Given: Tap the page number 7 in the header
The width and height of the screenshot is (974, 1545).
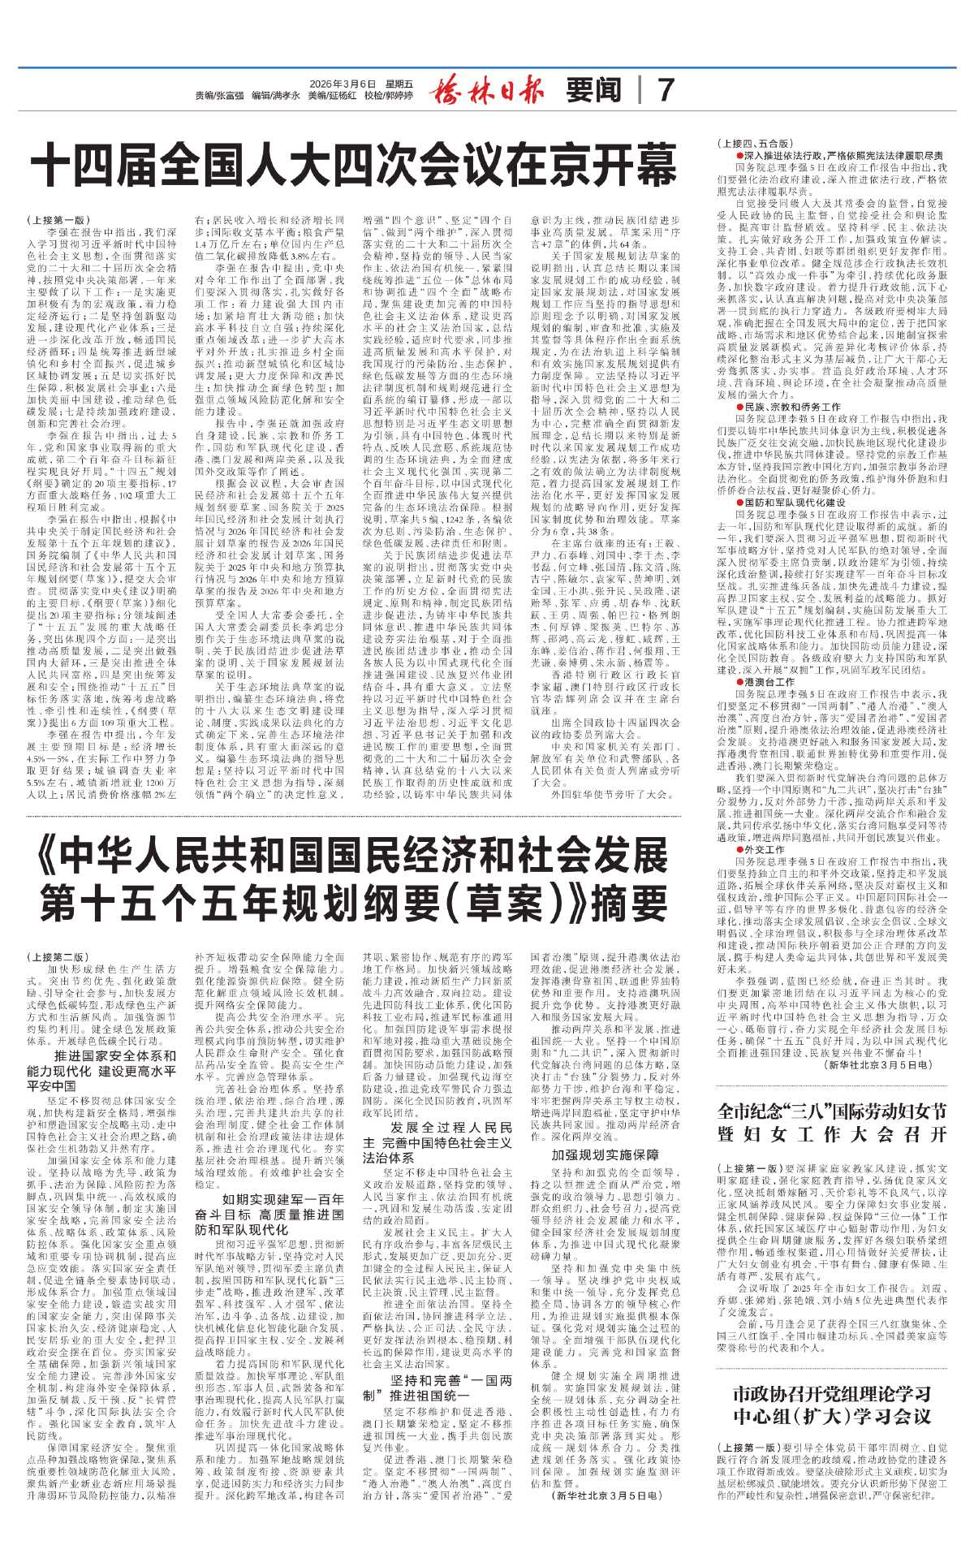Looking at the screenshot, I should pyautogui.click(x=665, y=90).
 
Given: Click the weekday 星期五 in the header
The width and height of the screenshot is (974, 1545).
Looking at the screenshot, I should pyautogui.click(x=399, y=84).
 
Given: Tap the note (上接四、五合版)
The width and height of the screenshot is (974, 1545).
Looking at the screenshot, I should pyautogui.click(x=750, y=144).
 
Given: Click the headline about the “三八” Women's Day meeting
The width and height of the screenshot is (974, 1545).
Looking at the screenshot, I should pyautogui.click(x=833, y=1122).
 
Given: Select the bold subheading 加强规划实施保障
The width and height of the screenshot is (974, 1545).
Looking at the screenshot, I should pyautogui.click(x=606, y=1154).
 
